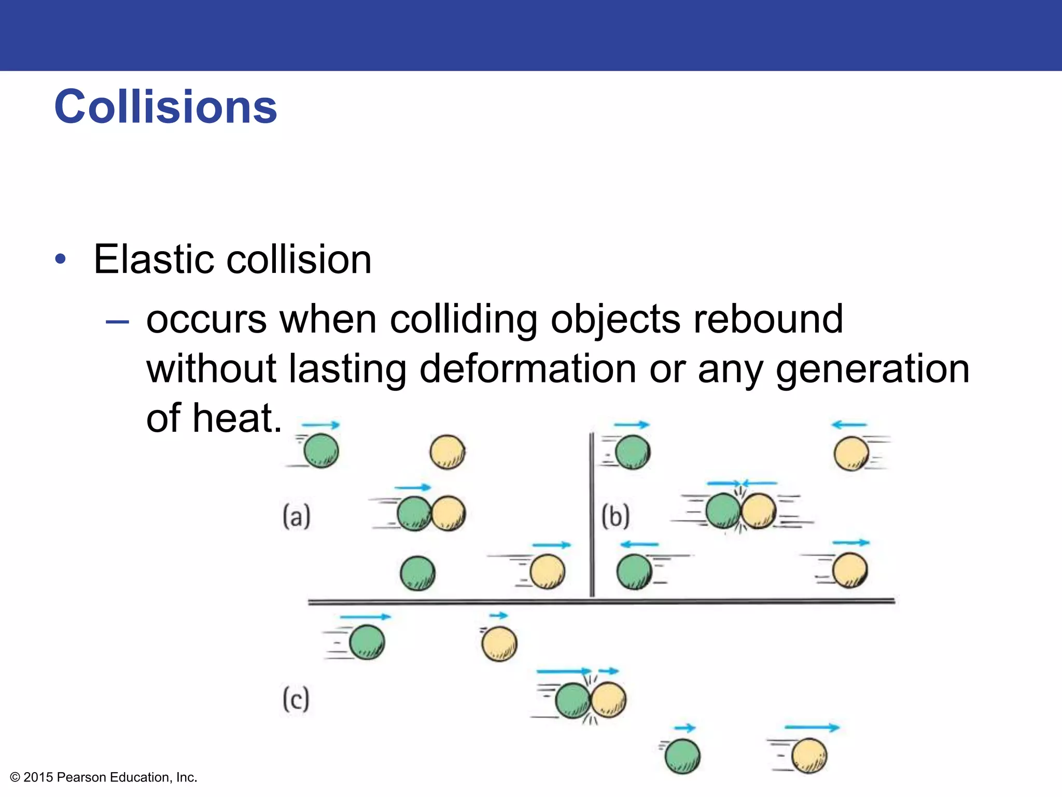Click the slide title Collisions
pyautogui.click(x=165, y=107)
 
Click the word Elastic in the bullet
pyautogui.click(x=153, y=259)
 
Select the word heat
pyautogui.click(x=236, y=418)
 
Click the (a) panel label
pyautogui.click(x=297, y=516)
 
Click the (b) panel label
pyautogui.click(x=616, y=516)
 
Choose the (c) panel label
pyautogui.click(x=296, y=699)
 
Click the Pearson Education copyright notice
pyautogui.click(x=104, y=777)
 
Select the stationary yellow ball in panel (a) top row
pyautogui.click(x=448, y=452)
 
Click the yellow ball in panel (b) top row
pyautogui.click(x=851, y=453)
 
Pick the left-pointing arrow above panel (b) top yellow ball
pyautogui.click(x=849, y=425)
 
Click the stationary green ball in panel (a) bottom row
pyautogui.click(x=417, y=573)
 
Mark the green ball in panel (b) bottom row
pyautogui.click(x=634, y=572)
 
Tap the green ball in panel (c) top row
pyautogui.click(x=367, y=642)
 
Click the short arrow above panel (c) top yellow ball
pyautogui.click(x=499, y=616)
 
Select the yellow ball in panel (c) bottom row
pyautogui.click(x=809, y=756)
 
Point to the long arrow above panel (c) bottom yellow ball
pyautogui.click(x=812, y=727)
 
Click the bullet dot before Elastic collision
pyautogui.click(x=61, y=259)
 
